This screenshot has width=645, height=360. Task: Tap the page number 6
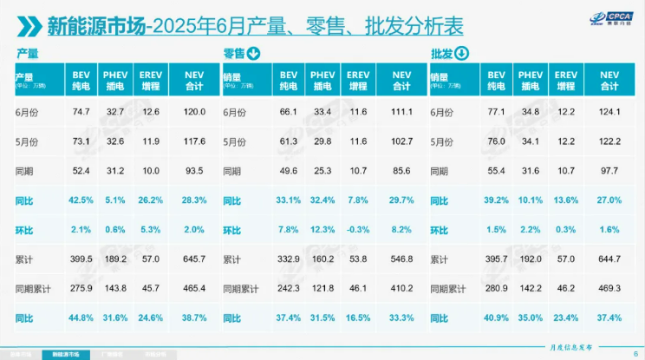[x=634, y=351]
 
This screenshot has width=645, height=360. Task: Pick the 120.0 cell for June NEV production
[x=194, y=112]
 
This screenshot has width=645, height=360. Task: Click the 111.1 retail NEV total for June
[x=401, y=112]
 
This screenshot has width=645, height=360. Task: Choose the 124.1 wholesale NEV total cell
[x=609, y=112]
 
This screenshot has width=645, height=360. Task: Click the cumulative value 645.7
[x=194, y=259]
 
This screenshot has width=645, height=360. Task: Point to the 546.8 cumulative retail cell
[x=401, y=259]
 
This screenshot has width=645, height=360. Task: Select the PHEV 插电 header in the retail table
[x=322, y=80]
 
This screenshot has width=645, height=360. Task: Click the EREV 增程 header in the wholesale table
[x=565, y=80]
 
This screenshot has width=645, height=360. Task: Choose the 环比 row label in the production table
[x=26, y=230]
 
